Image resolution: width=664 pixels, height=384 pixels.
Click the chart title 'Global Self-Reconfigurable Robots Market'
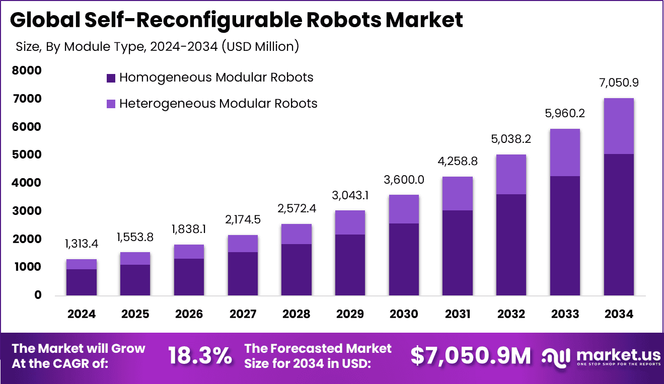(x=236, y=20)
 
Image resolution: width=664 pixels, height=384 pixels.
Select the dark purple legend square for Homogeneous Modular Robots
(x=111, y=78)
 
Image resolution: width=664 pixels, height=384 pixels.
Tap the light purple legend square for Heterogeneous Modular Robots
(x=111, y=104)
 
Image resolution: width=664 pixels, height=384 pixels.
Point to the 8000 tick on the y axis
(x=27, y=71)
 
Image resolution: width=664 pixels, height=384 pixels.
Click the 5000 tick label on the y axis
(x=27, y=155)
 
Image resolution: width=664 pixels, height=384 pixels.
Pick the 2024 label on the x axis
(x=81, y=315)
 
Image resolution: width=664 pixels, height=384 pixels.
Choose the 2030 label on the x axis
(x=404, y=315)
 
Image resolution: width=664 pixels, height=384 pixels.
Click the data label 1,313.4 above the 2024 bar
(x=81, y=244)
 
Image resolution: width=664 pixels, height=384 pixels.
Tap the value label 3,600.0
(x=404, y=180)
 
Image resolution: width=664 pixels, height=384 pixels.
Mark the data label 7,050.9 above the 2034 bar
(x=619, y=83)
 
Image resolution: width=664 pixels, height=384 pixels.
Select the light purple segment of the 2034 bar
(x=619, y=126)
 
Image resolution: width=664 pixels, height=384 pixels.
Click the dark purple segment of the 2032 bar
(x=511, y=245)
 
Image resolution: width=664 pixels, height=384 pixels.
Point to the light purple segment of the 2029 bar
(x=350, y=222)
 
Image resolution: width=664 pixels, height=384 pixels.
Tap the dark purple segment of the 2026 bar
(x=189, y=277)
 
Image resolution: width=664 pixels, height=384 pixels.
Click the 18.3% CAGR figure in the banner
(x=200, y=356)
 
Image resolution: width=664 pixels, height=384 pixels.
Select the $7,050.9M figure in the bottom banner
(x=471, y=356)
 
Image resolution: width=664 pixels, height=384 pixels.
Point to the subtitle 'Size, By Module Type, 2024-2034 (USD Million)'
(x=158, y=47)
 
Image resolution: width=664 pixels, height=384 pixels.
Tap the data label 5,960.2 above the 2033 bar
(x=565, y=114)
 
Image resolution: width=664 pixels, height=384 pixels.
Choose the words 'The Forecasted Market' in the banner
(x=318, y=348)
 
